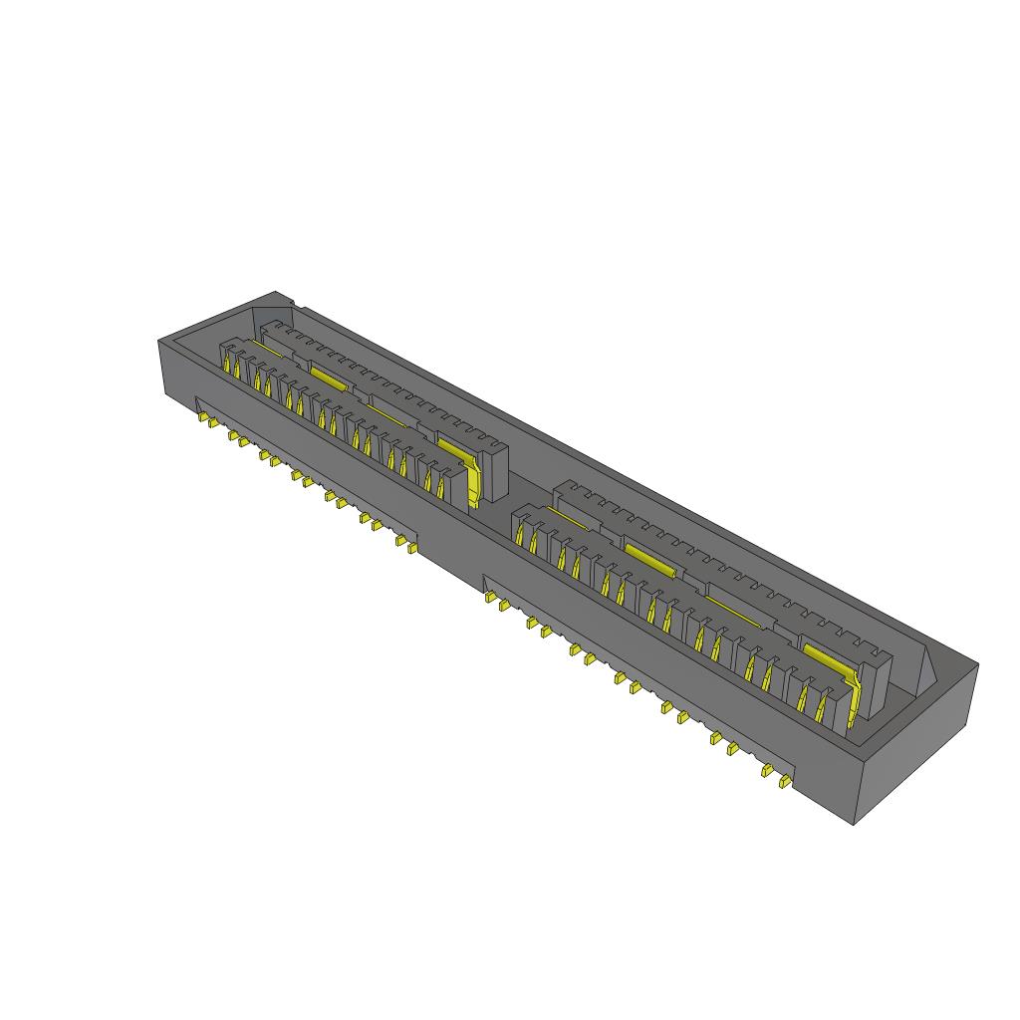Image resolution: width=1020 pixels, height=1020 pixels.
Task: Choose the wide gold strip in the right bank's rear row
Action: pos(650,560)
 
